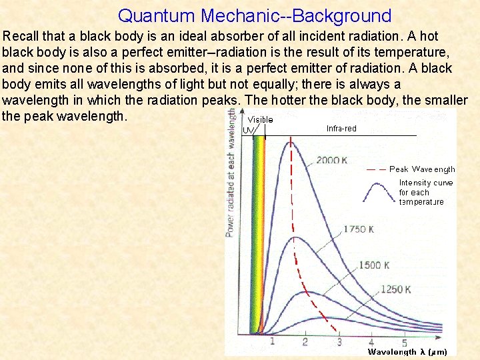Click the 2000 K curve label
[x=332, y=160]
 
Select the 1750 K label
[x=359, y=229]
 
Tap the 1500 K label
[x=374, y=265]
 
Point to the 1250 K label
[x=397, y=290]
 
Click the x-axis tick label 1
[x=271, y=343]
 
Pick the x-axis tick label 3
[x=339, y=343]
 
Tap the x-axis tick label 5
[x=405, y=343]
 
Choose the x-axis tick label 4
[x=371, y=343]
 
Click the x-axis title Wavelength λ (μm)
[x=407, y=352]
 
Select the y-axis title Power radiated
[x=231, y=173]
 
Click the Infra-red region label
[x=341, y=129]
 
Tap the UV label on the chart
[x=248, y=130]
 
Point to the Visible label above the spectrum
[x=260, y=120]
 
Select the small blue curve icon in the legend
[x=377, y=191]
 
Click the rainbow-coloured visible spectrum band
[x=257, y=233]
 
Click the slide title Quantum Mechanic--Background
[x=254, y=15]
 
